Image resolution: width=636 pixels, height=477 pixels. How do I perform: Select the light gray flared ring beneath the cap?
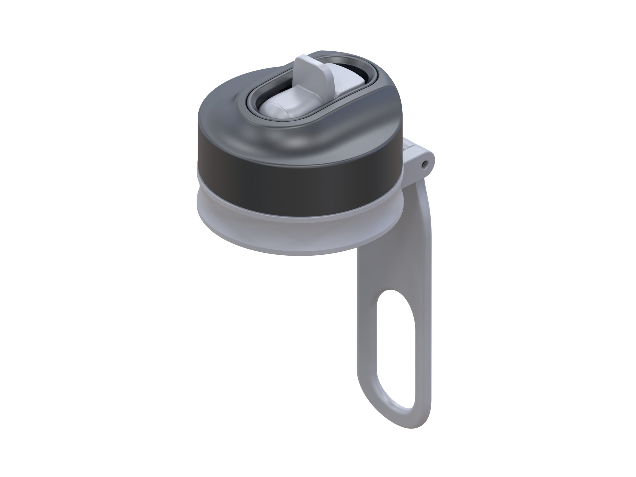tap(287, 239)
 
